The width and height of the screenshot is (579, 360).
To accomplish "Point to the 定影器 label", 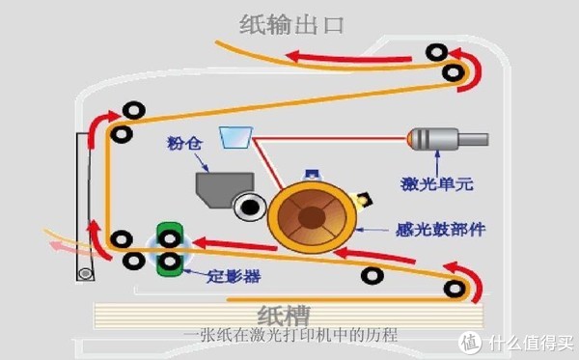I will point(234,277).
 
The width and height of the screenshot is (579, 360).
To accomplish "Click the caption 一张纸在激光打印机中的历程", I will point(289,336).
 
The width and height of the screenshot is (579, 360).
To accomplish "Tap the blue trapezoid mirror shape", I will point(234,139).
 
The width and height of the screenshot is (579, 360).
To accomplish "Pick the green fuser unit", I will point(171,250).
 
